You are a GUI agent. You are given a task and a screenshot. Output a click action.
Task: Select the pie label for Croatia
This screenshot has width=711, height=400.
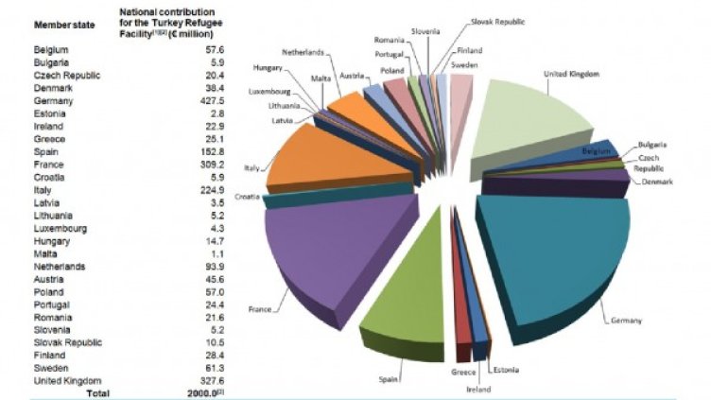click(247, 196)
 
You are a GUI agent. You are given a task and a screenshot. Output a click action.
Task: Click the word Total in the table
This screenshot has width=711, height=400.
click(95, 392)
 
